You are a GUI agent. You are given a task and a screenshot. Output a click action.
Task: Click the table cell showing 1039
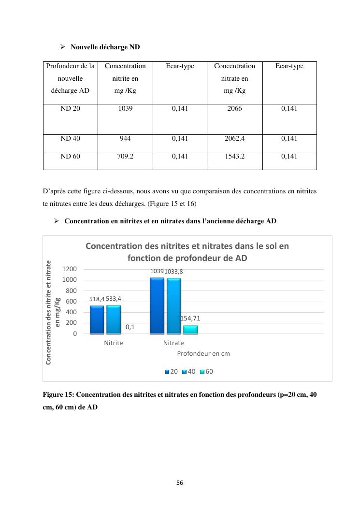pos(125,109)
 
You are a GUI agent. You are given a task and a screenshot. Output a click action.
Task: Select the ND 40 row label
pos(70,139)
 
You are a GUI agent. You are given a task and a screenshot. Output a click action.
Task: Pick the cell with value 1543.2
pos(234,157)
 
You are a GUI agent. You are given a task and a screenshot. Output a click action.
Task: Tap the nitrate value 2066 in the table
pos(234,109)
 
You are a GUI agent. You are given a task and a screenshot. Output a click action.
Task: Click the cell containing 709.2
pos(125,157)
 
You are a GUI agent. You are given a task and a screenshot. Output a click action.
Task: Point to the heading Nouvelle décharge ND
pos(105,47)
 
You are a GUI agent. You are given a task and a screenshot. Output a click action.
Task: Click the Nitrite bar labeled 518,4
pos(97,320)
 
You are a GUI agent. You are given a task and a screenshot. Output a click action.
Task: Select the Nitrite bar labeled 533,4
pos(114,319)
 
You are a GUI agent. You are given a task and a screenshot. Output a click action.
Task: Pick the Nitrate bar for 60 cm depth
pos(190,330)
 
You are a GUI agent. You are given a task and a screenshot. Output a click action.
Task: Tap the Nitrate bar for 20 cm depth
pos(157,305)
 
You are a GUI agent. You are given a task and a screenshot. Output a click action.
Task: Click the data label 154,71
pos(190,319)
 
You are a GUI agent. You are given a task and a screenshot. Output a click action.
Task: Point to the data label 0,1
pos(130,327)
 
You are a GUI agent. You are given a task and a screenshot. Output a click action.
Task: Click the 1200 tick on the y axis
pos(69,269)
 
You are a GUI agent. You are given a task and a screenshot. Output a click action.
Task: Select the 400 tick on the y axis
pos(71,312)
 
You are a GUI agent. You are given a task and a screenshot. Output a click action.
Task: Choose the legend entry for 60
pos(206,372)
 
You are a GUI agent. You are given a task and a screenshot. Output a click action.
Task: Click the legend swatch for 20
pos(167,372)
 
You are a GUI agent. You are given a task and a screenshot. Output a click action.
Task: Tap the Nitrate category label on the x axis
pos(173,343)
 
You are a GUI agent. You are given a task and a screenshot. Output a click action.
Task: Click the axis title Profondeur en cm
pos(203,354)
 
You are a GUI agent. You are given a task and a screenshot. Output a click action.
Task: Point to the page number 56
pos(180,483)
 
